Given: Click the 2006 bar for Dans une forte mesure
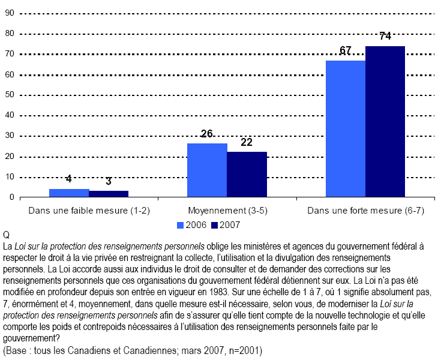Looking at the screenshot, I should coord(346,128).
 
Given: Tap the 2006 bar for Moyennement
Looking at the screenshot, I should coord(207,170).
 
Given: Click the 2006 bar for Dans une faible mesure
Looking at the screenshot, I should coord(69,193).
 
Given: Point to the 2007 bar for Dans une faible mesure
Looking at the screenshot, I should coord(109,194).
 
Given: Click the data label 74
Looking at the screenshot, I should coord(385,37).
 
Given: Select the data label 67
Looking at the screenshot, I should coord(346,50).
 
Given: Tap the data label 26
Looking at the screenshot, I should coord(207,134).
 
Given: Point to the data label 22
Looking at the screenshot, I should coord(247,142).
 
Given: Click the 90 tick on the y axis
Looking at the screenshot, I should coord(9,13).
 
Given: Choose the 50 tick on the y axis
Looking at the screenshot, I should coord(9,95).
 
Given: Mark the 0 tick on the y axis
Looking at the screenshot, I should coord(11,197).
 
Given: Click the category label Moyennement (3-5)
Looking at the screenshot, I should coord(227,211).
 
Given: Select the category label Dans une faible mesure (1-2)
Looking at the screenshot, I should coord(89,211).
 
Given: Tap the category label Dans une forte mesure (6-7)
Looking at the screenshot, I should coord(365,211).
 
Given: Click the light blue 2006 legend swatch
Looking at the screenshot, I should coord(180,224).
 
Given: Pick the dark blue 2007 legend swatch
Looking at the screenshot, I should coord(215,224).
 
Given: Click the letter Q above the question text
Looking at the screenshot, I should coord(6,235).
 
